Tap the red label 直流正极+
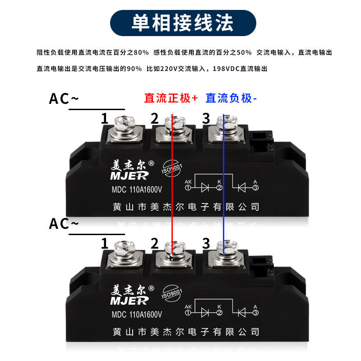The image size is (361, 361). [171, 98]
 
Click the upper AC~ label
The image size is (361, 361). [64, 99]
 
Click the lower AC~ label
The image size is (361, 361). [64, 224]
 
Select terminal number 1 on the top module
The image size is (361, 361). [105, 119]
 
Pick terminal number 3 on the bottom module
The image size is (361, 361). [206, 244]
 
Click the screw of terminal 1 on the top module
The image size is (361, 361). [123, 123]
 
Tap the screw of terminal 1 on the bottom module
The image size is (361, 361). [123, 249]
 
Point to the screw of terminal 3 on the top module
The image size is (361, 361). [224, 123]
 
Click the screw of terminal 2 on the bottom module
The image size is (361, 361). [174, 249]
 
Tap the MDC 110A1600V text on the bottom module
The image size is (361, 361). [137, 314]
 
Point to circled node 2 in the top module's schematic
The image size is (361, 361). [220, 187]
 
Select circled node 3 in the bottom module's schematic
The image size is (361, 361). [255, 312]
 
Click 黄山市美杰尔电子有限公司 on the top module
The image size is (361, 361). [186, 207]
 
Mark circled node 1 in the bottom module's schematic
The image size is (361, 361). [187, 312]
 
